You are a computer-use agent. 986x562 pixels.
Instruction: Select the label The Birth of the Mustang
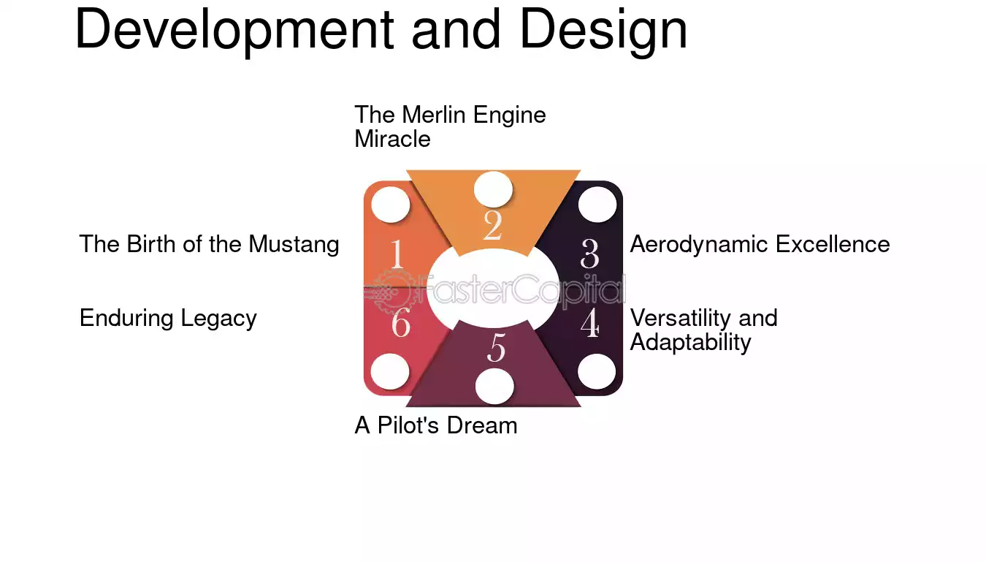pyautogui.click(x=209, y=244)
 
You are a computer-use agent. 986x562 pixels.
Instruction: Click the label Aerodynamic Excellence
pyautogui.click(x=760, y=244)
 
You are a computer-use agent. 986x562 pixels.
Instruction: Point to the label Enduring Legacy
pyautogui.click(x=168, y=319)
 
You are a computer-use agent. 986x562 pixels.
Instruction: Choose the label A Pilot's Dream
pyautogui.click(x=436, y=425)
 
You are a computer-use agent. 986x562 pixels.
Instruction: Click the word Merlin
pyautogui.click(x=434, y=115)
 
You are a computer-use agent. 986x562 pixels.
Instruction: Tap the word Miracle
pyautogui.click(x=392, y=140)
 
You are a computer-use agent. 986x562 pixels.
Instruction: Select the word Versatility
pyautogui.click(x=681, y=319)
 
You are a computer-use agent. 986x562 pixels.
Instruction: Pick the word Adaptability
pyautogui.click(x=690, y=342)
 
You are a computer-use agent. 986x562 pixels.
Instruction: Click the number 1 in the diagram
pyautogui.click(x=397, y=254)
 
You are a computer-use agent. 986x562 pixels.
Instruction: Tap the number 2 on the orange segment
pyautogui.click(x=492, y=225)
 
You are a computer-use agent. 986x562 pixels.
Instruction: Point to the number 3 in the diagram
pyautogui.click(x=590, y=254)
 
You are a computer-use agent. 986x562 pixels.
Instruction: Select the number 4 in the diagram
pyautogui.click(x=590, y=323)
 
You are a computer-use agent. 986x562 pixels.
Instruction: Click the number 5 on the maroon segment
pyautogui.click(x=496, y=348)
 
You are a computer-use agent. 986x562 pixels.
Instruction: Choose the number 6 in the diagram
pyautogui.click(x=400, y=323)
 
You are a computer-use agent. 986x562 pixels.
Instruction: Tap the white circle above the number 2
pyautogui.click(x=494, y=189)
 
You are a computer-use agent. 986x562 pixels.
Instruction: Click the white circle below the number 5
pyautogui.click(x=494, y=387)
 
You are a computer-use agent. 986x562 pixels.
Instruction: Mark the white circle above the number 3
pyautogui.click(x=597, y=205)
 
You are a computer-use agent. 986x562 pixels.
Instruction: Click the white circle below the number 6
pyautogui.click(x=390, y=372)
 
